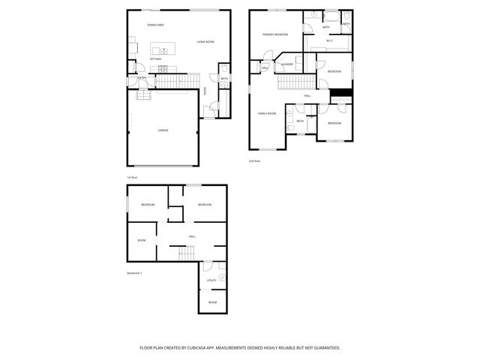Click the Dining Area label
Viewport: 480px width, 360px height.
[156, 25]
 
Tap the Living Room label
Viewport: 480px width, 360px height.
[205, 42]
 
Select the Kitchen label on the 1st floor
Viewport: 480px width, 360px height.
[155, 58]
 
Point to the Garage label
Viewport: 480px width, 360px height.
[163, 130]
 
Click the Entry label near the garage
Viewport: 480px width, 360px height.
[141, 77]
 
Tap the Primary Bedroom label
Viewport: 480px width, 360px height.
[275, 34]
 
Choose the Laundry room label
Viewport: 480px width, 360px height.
[287, 64]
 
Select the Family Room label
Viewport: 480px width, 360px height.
[267, 113]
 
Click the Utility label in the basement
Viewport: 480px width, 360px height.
[211, 280]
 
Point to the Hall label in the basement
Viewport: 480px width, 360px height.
[193, 236]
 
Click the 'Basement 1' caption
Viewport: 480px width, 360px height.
[134, 273]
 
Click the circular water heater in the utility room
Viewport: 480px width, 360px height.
[222, 277]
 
